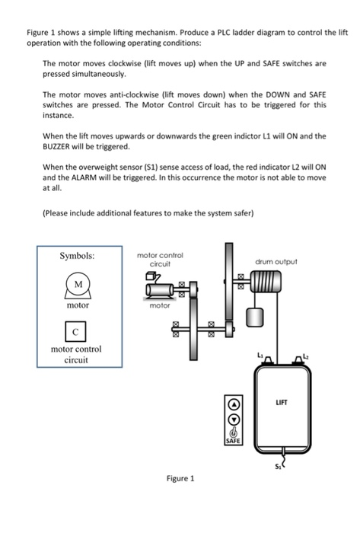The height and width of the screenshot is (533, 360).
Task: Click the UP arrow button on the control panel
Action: (234, 405)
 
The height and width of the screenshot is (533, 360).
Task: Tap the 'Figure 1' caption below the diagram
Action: (180, 478)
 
